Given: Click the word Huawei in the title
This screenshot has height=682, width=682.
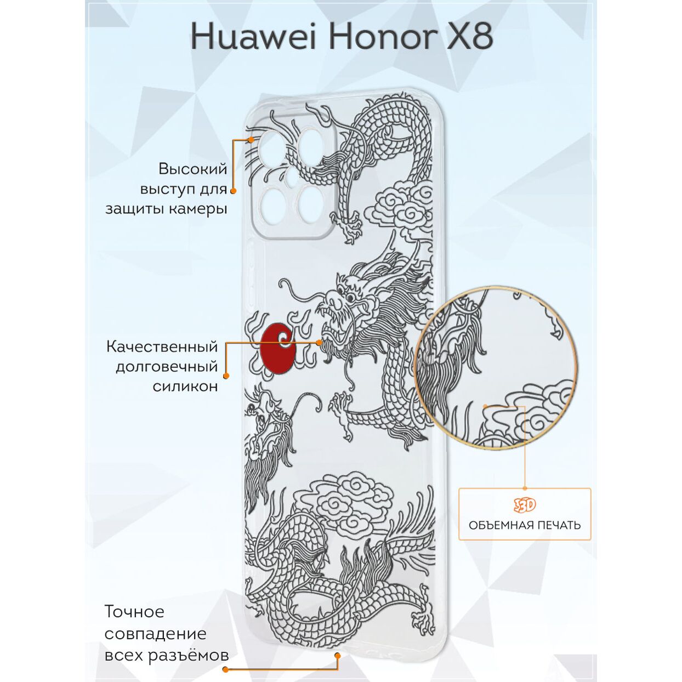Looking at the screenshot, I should point(254,37).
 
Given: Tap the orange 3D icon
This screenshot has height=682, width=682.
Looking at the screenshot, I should point(525,505).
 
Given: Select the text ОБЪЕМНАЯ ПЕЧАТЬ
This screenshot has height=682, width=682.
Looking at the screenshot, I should point(525,525).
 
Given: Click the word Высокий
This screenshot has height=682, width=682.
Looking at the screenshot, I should point(192,168).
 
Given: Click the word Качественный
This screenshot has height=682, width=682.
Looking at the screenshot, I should point(162,346).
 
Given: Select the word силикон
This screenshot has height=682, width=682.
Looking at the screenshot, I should point(185,387).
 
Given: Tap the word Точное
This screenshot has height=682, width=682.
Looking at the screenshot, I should point(134,611).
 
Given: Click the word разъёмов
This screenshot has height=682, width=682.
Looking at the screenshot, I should point(196,655).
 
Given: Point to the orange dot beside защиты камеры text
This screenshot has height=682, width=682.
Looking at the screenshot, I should point(233,191).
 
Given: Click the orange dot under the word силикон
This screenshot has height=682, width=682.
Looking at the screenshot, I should point(226,376).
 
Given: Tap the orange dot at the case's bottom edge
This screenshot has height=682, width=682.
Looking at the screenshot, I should point(338,655).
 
